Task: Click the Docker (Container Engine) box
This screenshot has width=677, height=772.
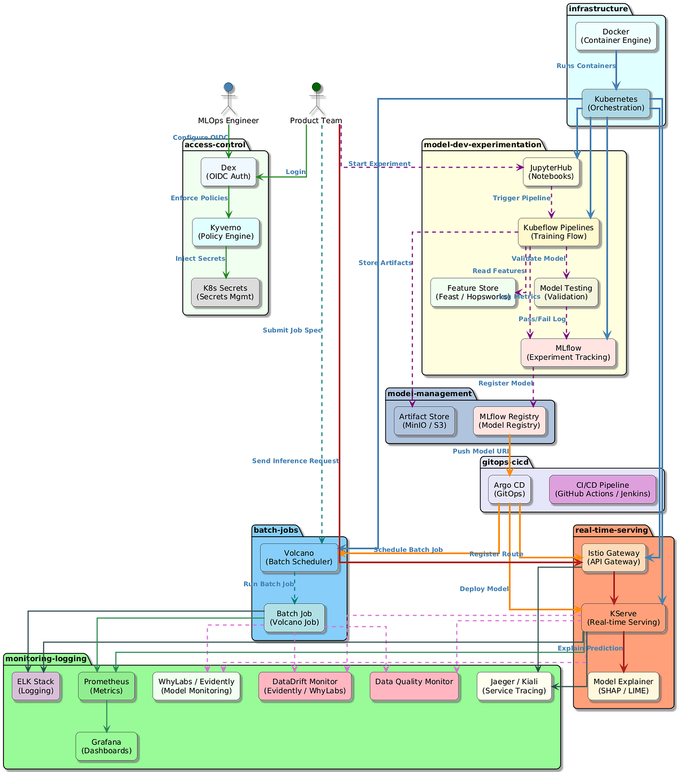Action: point(616,36)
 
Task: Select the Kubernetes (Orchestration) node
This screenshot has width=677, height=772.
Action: point(616,103)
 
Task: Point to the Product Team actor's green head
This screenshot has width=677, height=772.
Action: point(316,87)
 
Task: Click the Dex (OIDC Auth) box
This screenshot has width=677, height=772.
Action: point(228,172)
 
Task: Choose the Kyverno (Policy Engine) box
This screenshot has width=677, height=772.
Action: point(226,232)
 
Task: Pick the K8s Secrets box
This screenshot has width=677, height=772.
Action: point(225,292)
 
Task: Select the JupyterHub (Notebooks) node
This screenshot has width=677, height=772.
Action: point(551,172)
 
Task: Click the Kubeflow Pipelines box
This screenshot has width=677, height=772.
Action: point(559,232)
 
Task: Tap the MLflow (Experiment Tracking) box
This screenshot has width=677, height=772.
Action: point(568,353)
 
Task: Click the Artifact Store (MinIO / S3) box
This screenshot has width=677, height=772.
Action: point(424,421)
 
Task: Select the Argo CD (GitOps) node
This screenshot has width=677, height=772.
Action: point(509,489)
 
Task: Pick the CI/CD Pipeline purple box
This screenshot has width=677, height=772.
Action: point(603,489)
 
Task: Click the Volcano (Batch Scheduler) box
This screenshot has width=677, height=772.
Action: point(299,558)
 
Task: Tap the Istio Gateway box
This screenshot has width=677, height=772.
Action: point(614,558)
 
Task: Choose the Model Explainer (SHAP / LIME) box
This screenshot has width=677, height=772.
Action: point(623,686)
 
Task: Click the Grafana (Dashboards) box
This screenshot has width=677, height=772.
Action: point(106,746)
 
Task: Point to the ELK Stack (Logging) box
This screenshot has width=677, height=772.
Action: point(36,686)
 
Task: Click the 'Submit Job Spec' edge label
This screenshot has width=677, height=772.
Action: point(292,330)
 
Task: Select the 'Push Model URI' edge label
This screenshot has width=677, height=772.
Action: point(481,451)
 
